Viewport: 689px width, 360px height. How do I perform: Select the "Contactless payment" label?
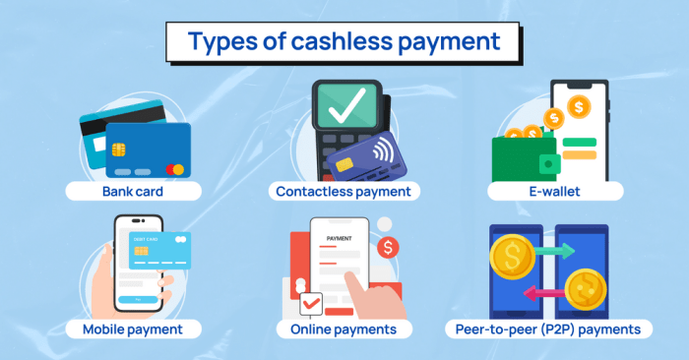coord(344,191)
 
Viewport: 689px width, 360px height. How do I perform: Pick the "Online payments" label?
coord(344,328)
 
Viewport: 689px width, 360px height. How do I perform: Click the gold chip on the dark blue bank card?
coord(119,151)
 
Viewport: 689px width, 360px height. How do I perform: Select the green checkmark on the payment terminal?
coord(344,106)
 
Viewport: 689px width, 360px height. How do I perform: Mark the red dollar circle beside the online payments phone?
coord(389,249)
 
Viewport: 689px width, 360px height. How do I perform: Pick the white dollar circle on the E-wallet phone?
coord(579,102)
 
